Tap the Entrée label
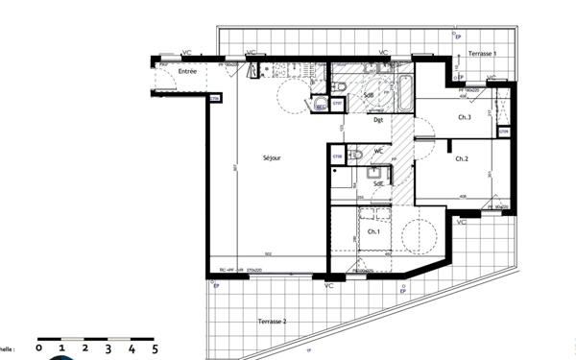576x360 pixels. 188,71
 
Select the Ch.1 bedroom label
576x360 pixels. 372,233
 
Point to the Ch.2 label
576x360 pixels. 462,158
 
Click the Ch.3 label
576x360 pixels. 464,117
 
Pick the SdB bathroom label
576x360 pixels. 368,96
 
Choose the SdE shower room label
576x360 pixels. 379,182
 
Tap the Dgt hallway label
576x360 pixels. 378,120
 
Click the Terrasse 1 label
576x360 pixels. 482,54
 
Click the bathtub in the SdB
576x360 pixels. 402,94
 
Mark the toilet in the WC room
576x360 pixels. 356,153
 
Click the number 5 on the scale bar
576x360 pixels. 156,350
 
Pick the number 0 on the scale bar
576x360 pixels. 38,350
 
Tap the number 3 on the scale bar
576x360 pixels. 108,350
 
